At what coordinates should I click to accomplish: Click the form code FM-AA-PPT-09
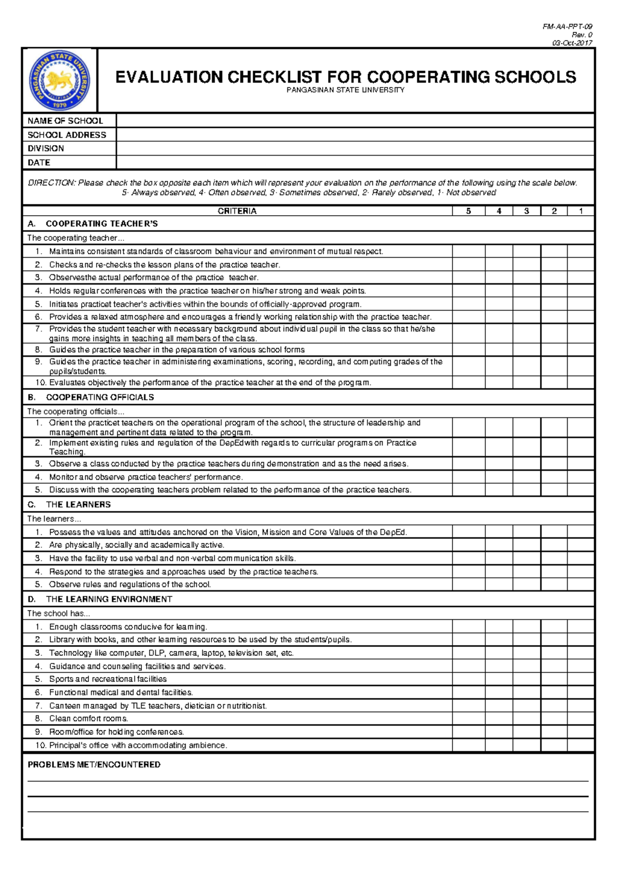567,27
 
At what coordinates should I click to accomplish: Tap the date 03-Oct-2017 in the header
572,43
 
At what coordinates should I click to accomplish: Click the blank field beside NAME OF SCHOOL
355,121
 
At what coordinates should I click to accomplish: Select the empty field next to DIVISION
355,148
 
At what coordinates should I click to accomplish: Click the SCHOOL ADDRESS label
67,135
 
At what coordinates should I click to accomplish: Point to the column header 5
468,211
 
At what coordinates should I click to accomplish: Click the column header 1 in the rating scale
581,211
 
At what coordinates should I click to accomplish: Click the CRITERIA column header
237,211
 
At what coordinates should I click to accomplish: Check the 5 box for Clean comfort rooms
468,718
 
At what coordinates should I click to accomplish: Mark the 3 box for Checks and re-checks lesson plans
527,264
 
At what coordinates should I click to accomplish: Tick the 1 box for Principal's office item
581,745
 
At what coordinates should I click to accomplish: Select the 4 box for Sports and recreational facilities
499,679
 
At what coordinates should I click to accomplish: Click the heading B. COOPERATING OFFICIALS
90,397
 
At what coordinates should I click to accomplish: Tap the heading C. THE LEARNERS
69,504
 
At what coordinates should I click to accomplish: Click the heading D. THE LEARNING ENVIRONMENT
100,599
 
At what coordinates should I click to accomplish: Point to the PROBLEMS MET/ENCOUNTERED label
94,765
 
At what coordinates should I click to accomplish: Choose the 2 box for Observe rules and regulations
554,584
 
